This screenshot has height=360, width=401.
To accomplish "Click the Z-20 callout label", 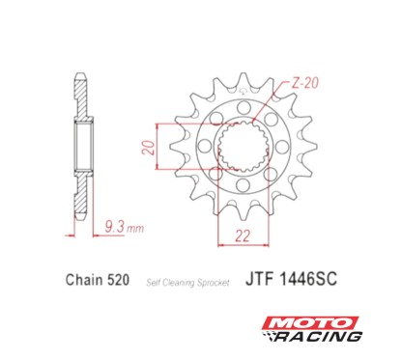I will (x=305, y=83).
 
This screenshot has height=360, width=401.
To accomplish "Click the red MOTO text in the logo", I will (x=313, y=321).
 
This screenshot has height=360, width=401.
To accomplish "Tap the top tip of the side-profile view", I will (x=80, y=73).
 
